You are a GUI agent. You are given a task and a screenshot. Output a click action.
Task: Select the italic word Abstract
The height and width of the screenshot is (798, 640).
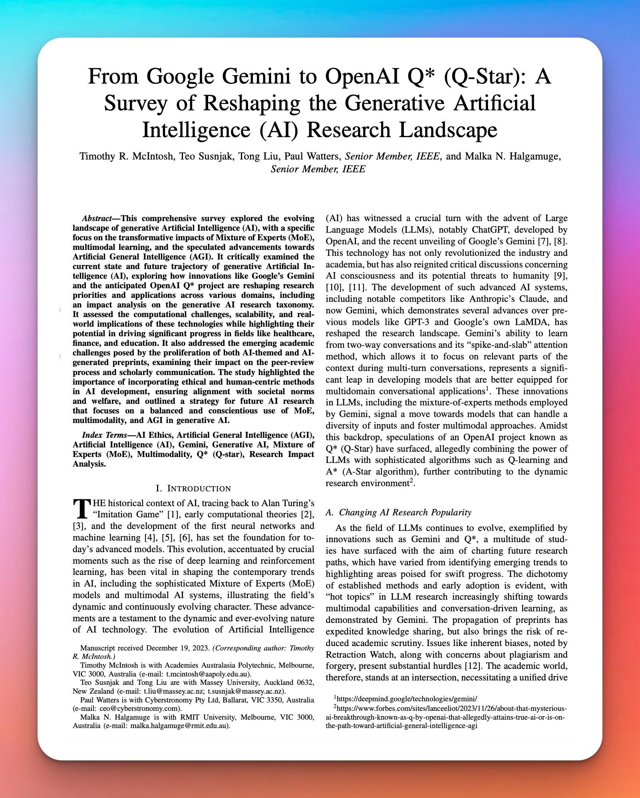coord(96,218)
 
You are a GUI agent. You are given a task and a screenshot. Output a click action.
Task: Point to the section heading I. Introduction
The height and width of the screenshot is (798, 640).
coord(193,488)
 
